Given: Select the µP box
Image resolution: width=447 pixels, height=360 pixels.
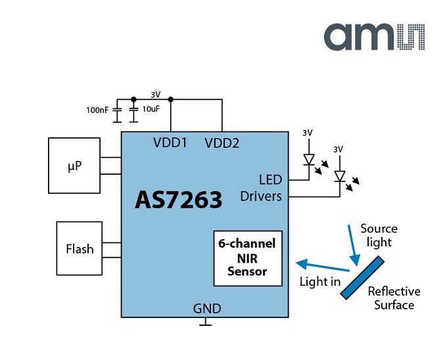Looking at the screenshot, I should (74, 166).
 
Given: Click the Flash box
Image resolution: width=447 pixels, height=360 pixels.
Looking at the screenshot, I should (80, 248).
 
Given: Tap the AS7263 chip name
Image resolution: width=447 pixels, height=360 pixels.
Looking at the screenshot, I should (178, 200).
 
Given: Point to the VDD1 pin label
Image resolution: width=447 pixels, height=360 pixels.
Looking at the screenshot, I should (170, 143).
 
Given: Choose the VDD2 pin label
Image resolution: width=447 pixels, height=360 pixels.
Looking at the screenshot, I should (222, 143).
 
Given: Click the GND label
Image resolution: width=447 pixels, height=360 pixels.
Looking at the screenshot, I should (207, 309).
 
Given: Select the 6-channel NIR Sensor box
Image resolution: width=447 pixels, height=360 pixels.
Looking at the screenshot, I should (247, 258).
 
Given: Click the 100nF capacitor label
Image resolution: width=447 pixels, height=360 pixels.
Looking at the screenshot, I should (97, 110).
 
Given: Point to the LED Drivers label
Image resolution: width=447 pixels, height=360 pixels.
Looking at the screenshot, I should (261, 188).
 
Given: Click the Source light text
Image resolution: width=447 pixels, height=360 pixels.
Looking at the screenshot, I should (379, 235).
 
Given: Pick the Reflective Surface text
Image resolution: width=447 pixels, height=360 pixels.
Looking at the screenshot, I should (394, 298).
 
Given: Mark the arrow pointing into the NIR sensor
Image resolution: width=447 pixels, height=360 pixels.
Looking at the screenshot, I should (321, 266).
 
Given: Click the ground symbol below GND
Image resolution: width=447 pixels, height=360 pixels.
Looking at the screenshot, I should (207, 322).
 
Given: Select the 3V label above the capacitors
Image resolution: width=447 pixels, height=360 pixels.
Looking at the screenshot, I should (155, 94).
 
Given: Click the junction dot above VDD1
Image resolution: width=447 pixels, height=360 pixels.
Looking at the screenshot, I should (171, 99).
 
